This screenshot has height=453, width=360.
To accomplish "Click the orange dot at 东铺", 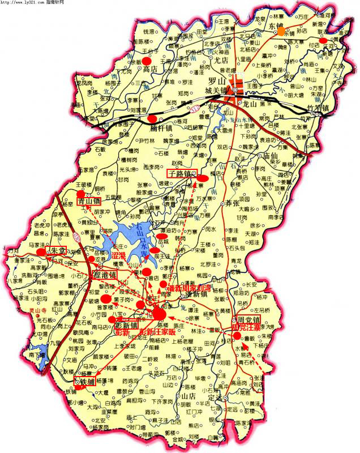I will coord(281,32).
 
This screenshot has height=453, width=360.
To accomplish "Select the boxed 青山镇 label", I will coord(89,200).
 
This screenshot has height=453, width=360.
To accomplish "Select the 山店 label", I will coord(188,395).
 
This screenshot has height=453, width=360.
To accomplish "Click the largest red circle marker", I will coord(160,313).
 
